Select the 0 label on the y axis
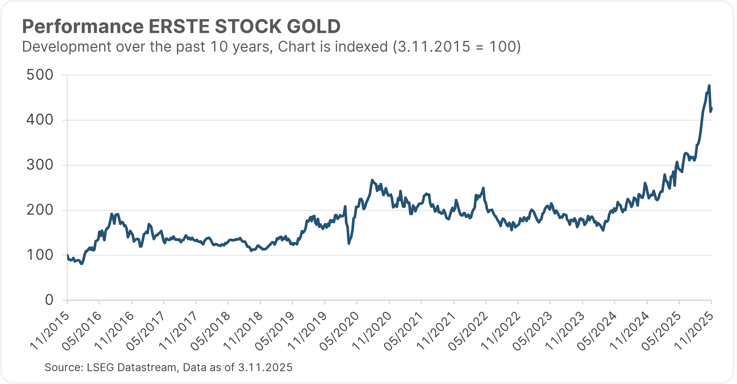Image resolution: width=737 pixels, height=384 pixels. (x=49, y=300)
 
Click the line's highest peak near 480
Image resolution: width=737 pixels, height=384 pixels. (x=709, y=85)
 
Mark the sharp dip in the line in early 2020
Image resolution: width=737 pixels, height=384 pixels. (x=349, y=243)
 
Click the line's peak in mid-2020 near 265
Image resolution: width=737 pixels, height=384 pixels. (x=372, y=180)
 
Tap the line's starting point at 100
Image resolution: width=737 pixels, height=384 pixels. (x=68, y=255)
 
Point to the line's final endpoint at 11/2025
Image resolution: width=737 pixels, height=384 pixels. (x=712, y=108)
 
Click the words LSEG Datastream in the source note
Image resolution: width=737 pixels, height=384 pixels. (x=133, y=367)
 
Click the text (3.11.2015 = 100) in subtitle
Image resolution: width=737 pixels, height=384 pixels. (x=457, y=47)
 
